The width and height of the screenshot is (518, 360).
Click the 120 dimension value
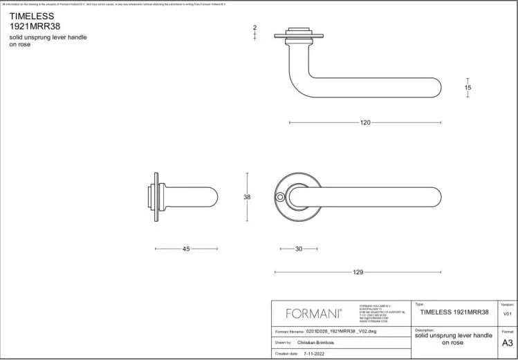pyautogui.click(x=365, y=123)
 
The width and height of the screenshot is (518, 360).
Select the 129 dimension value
pyautogui.click(x=358, y=272)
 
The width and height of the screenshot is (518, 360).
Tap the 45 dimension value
pyautogui.click(x=186, y=249)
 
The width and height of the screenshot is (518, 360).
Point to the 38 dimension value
pyautogui.click(x=247, y=198)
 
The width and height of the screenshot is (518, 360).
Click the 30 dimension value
pyautogui.click(x=298, y=249)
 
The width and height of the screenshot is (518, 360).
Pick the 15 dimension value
pyautogui.click(x=468, y=88)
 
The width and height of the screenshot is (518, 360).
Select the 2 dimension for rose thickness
pyautogui.click(x=255, y=28)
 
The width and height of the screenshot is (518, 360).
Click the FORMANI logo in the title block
pyautogui.click(x=313, y=314)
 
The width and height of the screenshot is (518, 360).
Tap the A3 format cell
pyautogui.click(x=507, y=342)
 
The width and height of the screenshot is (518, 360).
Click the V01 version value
pyautogui.click(x=507, y=313)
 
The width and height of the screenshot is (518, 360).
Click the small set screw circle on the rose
pyautogui.click(x=279, y=198)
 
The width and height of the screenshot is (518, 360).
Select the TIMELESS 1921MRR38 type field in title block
pyautogui.click(x=454, y=312)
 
